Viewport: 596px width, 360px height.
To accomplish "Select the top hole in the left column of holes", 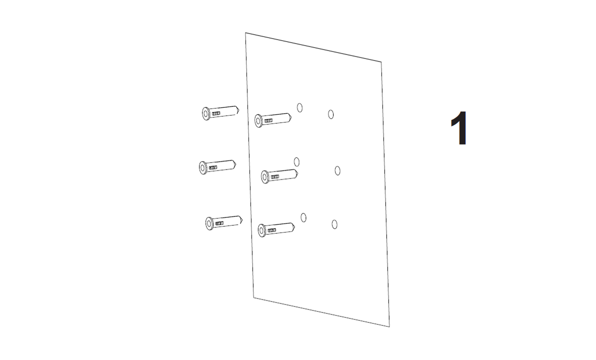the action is click(299, 108).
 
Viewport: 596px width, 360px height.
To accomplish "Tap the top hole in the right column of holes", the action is click(330, 114).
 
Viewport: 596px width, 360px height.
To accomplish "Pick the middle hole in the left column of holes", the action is click(296, 162).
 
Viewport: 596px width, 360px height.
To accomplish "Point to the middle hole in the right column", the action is click(337, 170).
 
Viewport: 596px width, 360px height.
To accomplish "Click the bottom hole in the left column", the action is click(303, 217).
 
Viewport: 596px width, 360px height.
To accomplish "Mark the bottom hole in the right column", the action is click(334, 224).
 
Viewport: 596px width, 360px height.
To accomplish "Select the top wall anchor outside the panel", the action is click(220, 112).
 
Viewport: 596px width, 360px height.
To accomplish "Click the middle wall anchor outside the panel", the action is click(217, 167).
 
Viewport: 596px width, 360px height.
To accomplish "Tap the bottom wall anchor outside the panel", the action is click(224, 222).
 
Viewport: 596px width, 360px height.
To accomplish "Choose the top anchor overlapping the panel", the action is click(273, 119).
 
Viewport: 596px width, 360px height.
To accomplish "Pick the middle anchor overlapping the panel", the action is click(279, 175).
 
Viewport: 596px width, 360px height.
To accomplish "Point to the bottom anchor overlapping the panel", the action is click(276, 229).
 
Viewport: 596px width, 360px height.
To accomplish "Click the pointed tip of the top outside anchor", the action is click(239, 110).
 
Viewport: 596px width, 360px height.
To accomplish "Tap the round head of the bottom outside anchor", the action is click(209, 223).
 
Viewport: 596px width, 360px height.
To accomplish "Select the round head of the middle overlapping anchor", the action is click(265, 177).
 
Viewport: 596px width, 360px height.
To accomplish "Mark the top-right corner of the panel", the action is click(381, 61).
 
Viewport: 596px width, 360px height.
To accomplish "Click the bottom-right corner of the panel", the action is click(389, 326).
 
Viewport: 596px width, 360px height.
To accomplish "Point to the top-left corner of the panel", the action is click(245, 32).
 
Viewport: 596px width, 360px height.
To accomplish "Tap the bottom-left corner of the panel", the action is click(253, 297).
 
